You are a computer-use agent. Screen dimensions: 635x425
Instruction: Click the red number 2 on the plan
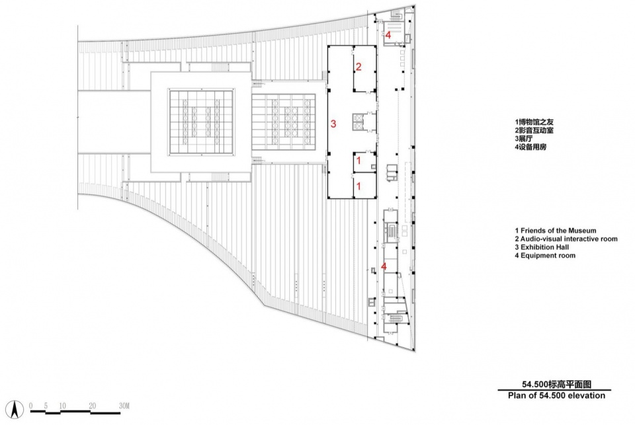pyautogui.click(x=359, y=66)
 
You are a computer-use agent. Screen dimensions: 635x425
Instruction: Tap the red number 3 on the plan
pyautogui.click(x=333, y=124)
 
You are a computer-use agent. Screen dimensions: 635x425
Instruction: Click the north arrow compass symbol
pyautogui.click(x=15, y=409)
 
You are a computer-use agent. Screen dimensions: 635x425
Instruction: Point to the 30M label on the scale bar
pyautogui.click(x=124, y=406)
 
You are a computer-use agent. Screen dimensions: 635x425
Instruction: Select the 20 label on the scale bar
pyautogui.click(x=93, y=406)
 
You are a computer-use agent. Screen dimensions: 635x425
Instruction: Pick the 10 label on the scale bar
pyautogui.click(x=62, y=406)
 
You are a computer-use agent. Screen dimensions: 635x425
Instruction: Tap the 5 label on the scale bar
pyautogui.click(x=46, y=406)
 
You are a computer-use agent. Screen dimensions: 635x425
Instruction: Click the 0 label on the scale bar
pyautogui.click(x=31, y=406)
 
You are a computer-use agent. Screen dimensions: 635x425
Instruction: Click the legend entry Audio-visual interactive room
pyautogui.click(x=566, y=239)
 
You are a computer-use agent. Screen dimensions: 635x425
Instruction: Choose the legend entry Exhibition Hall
pyautogui.click(x=542, y=247)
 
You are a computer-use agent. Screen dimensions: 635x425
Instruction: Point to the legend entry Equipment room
pyautogui.click(x=545, y=255)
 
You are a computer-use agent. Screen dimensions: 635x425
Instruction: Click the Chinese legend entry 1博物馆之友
pyautogui.click(x=534, y=122)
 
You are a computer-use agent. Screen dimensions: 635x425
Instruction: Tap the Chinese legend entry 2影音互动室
pyautogui.click(x=534, y=130)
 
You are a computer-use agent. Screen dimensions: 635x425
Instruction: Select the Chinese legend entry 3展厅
pyautogui.click(x=524, y=139)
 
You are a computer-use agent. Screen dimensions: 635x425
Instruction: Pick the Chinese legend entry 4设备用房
pyautogui.click(x=530, y=147)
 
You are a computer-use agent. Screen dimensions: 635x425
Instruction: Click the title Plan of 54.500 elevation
pyautogui.click(x=556, y=395)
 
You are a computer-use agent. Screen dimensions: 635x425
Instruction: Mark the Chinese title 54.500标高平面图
pyautogui.click(x=556, y=385)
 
